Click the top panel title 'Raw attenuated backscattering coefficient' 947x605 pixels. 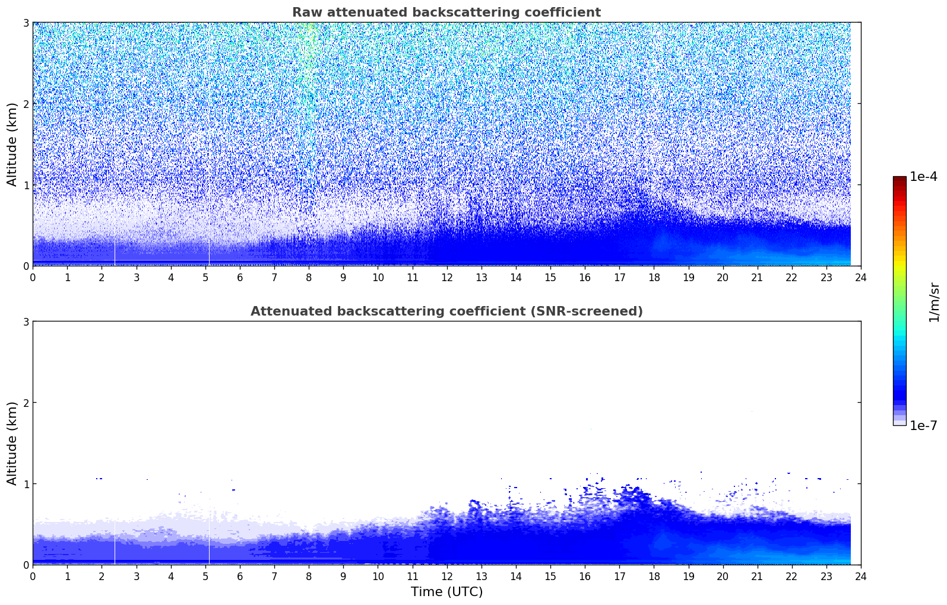click(x=446, y=12)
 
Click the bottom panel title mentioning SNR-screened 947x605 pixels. click(x=446, y=311)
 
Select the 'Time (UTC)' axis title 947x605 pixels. click(x=446, y=591)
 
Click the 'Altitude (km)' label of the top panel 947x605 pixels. click(x=12, y=144)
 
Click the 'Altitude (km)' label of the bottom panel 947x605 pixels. click(x=12, y=443)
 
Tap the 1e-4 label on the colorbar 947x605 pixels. click(x=923, y=177)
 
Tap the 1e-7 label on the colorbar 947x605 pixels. click(x=923, y=425)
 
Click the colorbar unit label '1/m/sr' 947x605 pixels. click(x=934, y=302)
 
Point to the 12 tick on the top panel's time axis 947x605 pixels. click(x=446, y=277)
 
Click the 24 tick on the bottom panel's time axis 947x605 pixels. click(x=861, y=576)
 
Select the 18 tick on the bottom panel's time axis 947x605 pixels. click(x=654, y=576)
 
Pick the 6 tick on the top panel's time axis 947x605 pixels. click(x=240, y=277)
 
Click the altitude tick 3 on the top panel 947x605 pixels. click(x=26, y=23)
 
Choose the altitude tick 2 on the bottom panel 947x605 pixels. click(x=26, y=403)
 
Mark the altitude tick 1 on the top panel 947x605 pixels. click(x=26, y=185)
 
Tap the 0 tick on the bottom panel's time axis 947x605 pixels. click(x=33, y=576)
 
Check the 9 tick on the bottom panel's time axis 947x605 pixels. click(x=343, y=576)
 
